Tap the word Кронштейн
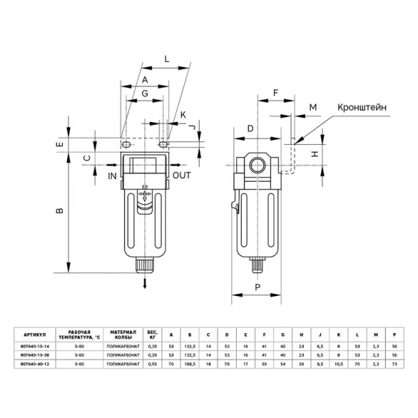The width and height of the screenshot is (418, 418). (362, 108)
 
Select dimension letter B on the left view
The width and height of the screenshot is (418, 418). (60, 210)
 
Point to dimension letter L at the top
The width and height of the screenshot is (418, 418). (167, 60)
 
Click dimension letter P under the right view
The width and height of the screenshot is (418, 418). (257, 286)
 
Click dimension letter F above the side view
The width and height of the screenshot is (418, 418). (275, 91)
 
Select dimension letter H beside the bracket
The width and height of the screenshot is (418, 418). (315, 153)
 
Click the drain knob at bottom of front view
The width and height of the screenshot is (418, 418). (144, 265)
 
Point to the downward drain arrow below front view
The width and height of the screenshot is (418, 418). (144, 282)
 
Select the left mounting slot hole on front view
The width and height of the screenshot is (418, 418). (126, 144)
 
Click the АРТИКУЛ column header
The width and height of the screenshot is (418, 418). (36, 333)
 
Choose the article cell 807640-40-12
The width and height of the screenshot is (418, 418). (36, 364)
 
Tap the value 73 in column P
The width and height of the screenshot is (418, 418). (395, 364)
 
